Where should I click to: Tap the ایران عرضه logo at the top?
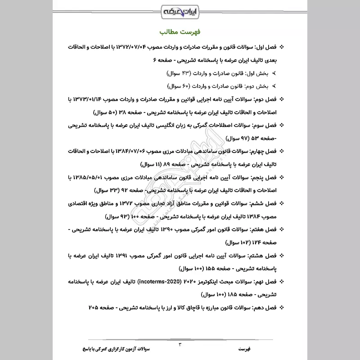(x=180, y=10)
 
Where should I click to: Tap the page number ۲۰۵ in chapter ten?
(x=94, y=308)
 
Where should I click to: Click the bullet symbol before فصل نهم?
(x=282, y=282)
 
